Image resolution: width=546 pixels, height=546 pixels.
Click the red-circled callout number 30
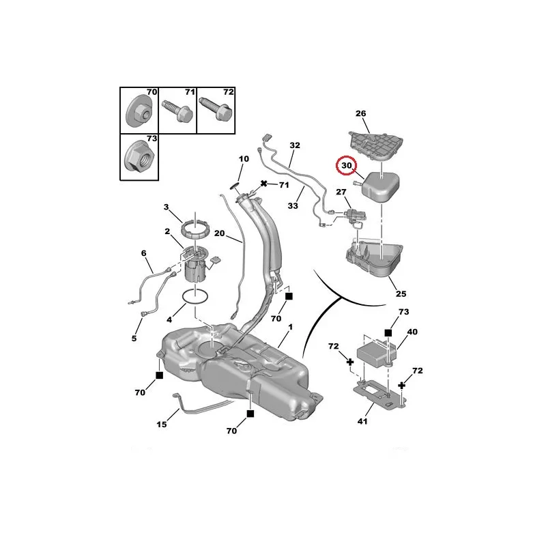tap(347, 165)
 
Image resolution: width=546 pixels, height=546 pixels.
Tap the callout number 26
tap(361, 113)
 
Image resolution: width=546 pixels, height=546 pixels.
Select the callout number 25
tap(401, 293)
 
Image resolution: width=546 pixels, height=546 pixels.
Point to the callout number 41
tap(362, 421)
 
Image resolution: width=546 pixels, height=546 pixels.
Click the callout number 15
tap(162, 424)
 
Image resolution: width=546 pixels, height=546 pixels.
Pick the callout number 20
tap(219, 233)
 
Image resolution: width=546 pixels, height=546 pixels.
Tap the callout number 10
tap(244, 159)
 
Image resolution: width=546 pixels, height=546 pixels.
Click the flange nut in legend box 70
tap(139, 111)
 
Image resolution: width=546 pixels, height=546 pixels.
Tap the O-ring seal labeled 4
tap(195, 297)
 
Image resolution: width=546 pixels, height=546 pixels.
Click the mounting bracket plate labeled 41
tap(379, 394)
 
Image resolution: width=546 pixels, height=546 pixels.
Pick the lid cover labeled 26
tap(376, 145)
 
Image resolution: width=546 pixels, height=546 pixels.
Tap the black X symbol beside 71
tap(264, 183)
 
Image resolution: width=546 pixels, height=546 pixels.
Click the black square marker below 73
tap(388, 333)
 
